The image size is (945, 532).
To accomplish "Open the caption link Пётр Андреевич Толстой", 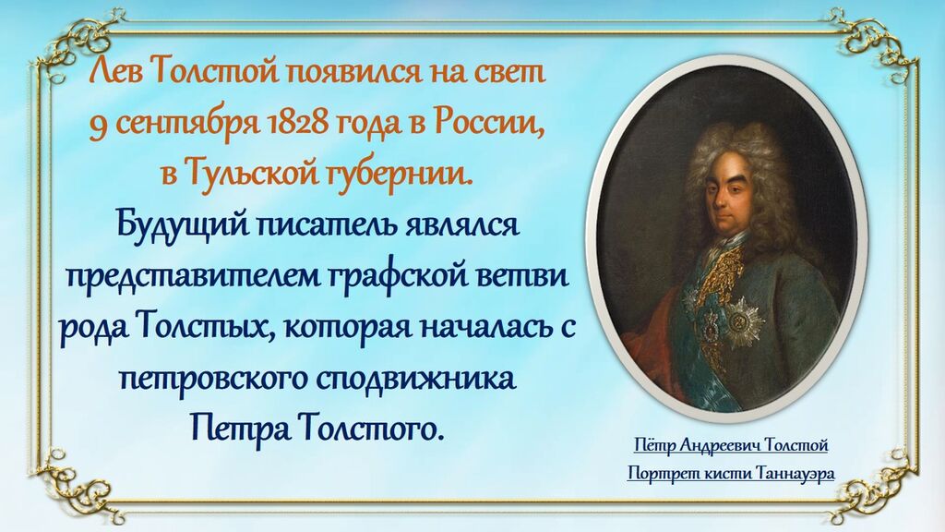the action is tap(731, 446).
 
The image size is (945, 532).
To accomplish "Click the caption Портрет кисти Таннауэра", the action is tap(731, 474).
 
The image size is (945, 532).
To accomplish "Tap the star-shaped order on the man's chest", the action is tap(744, 321).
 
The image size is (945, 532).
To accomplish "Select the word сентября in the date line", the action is tap(184, 125).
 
